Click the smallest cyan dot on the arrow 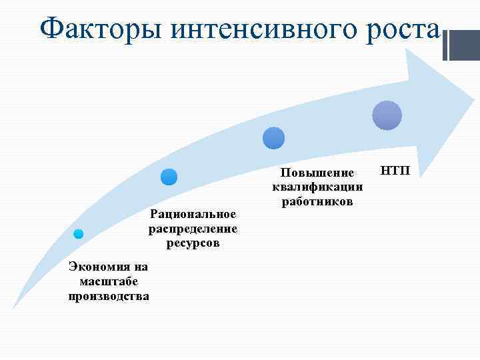[78, 233]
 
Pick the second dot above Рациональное [169, 177]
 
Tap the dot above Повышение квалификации [273, 138]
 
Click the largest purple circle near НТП [387, 115]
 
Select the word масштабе [108, 281]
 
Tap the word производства [109, 295]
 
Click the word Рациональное [193, 214]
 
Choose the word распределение [193, 229]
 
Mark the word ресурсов [193, 243]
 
